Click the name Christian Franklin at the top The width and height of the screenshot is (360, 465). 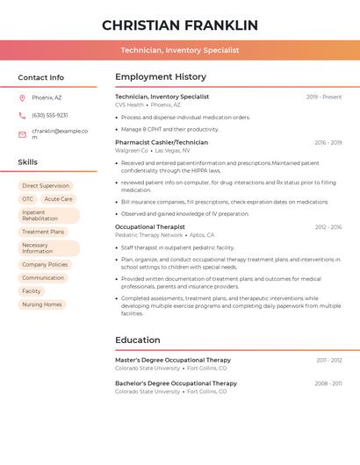[180, 25]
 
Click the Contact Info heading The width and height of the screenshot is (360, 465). [41, 77]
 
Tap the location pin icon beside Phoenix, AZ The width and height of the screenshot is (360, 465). [22, 97]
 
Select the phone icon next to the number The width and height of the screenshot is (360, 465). [22, 115]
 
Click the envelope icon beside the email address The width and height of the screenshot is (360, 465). [22, 134]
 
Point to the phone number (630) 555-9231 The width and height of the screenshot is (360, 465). [50, 115]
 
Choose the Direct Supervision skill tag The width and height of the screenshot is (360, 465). [46, 186]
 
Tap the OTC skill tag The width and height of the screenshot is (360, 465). [28, 199]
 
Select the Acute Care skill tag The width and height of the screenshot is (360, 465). [59, 199]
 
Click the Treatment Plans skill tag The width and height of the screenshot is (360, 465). [43, 232]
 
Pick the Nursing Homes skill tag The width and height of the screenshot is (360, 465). [42, 304]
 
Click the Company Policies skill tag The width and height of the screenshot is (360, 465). [45, 264]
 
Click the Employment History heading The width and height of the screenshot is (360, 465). [161, 77]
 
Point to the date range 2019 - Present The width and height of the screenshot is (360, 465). [324, 97]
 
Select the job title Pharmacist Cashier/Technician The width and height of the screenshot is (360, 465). [162, 142]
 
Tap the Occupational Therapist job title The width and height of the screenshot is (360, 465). [150, 226]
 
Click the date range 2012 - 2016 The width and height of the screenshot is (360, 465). [328, 226]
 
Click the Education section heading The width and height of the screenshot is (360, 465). [138, 340]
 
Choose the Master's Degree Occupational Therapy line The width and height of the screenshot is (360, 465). [173, 360]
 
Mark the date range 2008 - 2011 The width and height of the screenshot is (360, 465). [328, 383]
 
